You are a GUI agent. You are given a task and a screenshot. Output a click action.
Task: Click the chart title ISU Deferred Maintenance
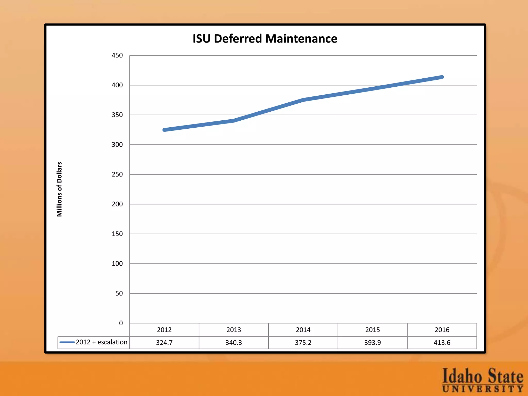point(265,39)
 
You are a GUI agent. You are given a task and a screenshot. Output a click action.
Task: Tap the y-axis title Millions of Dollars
point(60,189)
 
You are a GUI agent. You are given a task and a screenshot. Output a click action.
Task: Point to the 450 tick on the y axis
point(117,55)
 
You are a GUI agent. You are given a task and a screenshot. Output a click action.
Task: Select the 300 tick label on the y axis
point(117,145)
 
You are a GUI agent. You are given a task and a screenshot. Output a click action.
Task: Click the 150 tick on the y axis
point(117,234)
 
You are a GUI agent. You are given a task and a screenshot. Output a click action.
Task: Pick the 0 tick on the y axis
point(121,323)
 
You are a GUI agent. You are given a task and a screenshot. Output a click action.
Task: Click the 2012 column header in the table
point(164,330)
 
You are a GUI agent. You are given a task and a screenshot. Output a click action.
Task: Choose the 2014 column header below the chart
point(303,330)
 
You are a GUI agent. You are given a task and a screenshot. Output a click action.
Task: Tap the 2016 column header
point(442,330)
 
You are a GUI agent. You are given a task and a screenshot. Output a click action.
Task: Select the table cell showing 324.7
point(164,343)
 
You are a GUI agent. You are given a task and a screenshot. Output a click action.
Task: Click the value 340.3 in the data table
point(234,343)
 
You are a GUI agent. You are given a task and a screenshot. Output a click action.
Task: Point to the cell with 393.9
point(373,343)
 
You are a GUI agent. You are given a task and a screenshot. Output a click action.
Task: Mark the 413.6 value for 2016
point(442,343)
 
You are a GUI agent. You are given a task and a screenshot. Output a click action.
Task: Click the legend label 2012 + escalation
point(102,342)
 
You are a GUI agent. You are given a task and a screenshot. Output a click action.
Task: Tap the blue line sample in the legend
point(67,342)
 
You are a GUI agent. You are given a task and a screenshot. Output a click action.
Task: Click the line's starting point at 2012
point(164,130)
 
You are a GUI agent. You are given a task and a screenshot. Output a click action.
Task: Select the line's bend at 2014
point(303,100)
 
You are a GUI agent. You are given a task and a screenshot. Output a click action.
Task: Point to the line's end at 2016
point(442,77)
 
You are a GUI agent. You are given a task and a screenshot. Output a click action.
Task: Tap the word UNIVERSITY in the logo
point(483,389)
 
